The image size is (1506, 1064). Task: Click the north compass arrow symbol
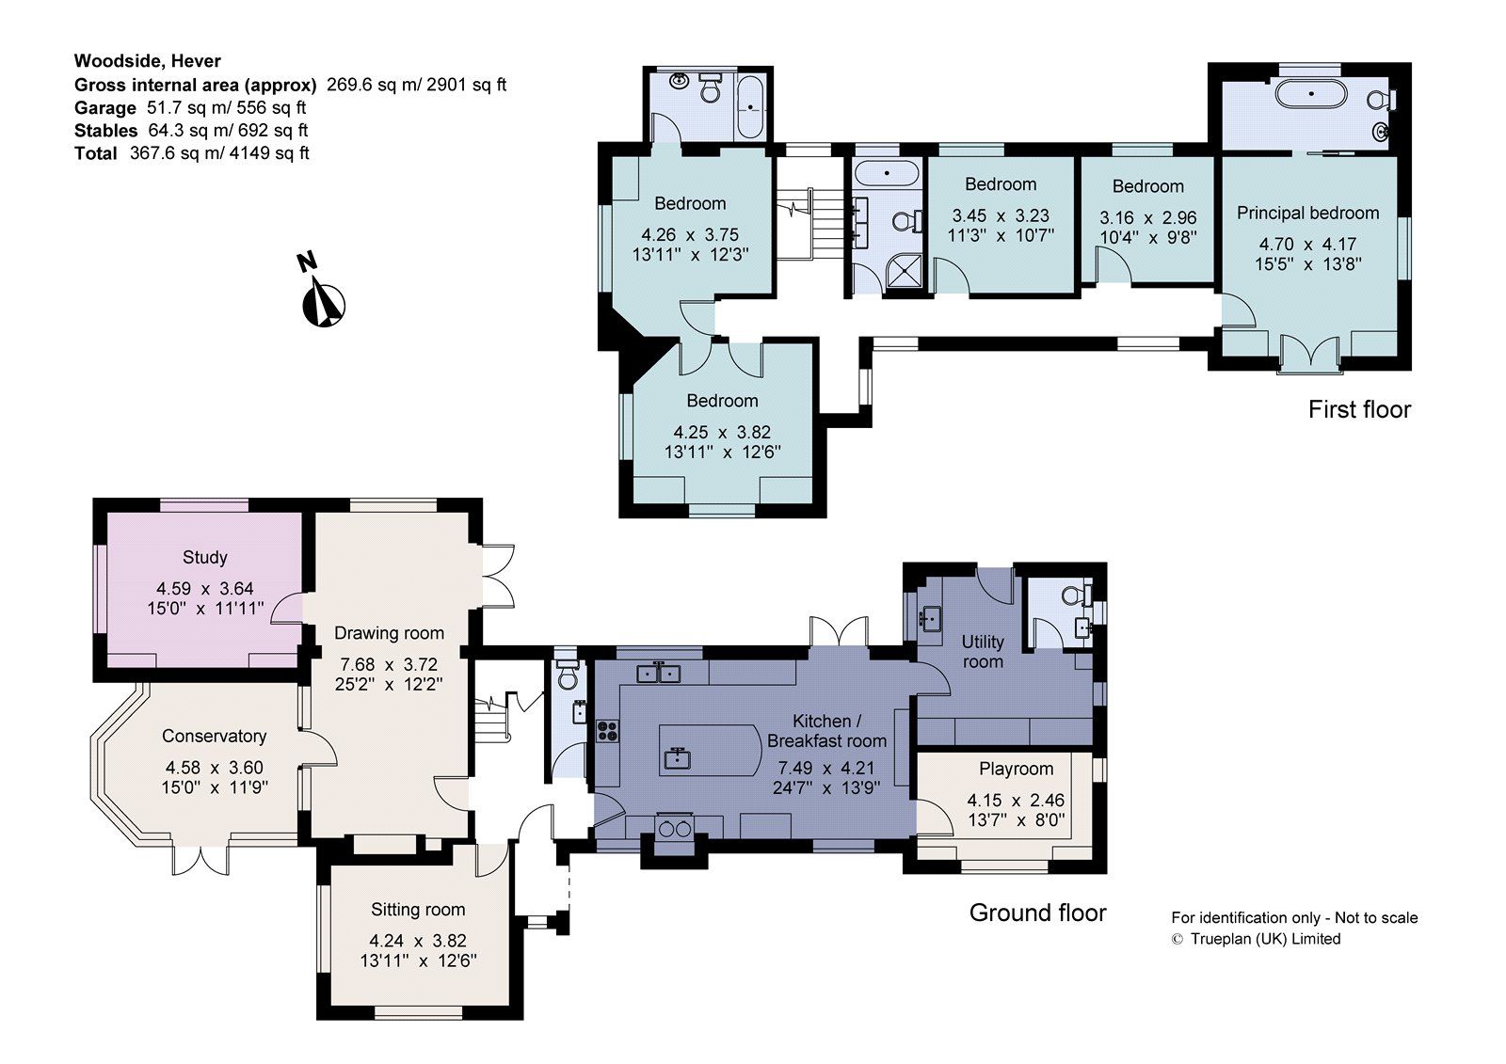click(323, 303)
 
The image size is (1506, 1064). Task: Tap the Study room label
click(204, 557)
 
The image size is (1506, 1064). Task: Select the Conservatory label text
click(214, 736)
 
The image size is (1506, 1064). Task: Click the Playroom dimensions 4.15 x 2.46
click(1016, 801)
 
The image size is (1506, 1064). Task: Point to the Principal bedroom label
click(1307, 214)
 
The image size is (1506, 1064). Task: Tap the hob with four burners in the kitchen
click(607, 730)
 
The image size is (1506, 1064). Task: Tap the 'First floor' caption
click(1359, 410)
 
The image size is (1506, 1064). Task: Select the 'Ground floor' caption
click(1037, 913)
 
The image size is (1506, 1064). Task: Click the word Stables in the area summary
click(105, 131)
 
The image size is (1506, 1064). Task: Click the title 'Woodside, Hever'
click(148, 61)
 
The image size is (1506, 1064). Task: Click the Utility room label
click(982, 651)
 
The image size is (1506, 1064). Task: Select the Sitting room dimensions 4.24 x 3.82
click(418, 941)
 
